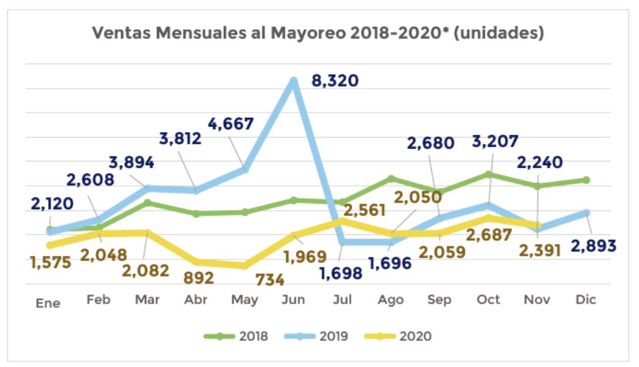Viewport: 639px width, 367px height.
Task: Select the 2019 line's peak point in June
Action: click(294, 81)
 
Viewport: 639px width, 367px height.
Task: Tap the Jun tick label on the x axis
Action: click(294, 300)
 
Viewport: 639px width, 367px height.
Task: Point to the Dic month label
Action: click(586, 300)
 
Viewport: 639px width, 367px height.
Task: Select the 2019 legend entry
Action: click(322, 336)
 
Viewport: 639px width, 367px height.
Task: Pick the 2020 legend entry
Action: click(404, 336)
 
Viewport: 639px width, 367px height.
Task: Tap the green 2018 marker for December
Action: click(586, 180)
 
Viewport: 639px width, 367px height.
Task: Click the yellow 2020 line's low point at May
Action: click(245, 266)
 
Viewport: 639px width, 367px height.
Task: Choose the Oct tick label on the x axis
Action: click(489, 300)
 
